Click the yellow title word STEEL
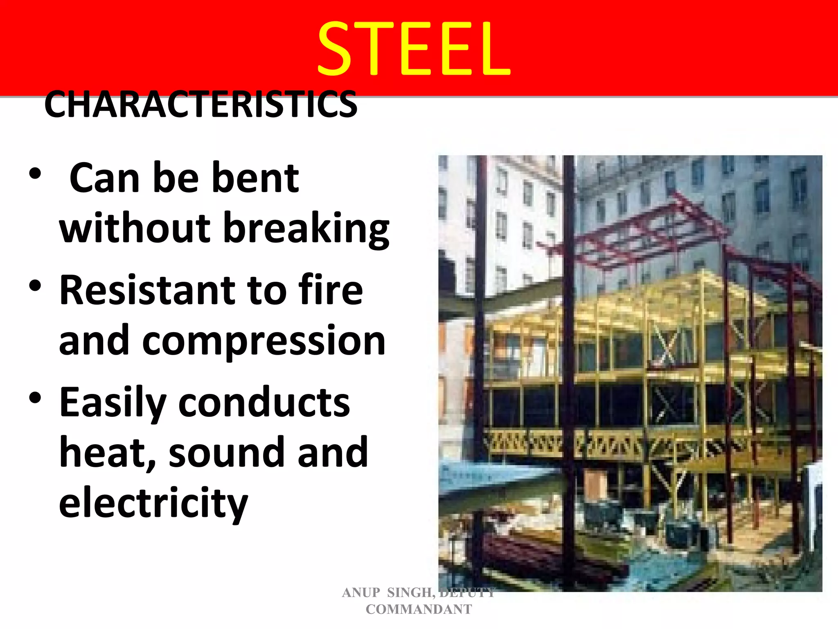pos(414,50)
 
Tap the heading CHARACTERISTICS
pos(200,104)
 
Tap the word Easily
pos(113,403)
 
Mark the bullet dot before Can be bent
pos(35,174)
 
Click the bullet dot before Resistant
pos(35,286)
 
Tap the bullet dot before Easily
pos(35,398)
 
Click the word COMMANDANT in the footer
pos(419,609)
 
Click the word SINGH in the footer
pos(411,593)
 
